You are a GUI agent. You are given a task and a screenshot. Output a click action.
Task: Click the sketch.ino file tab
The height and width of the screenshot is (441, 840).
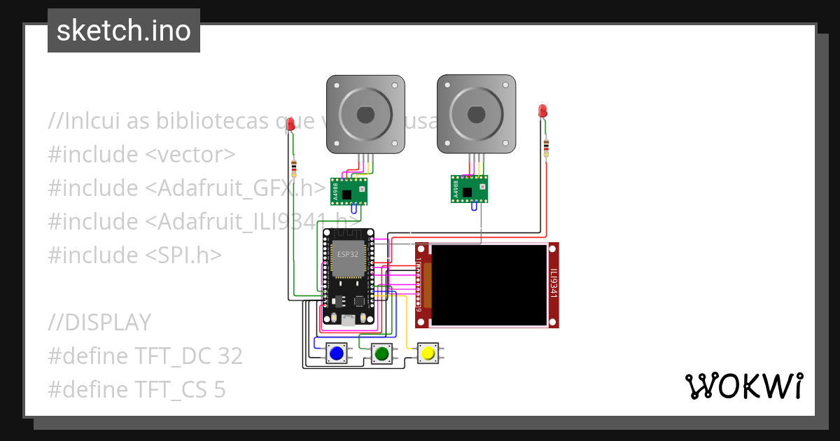(x=123, y=31)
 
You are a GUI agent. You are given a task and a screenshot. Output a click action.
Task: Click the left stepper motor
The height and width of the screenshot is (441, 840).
(x=365, y=114)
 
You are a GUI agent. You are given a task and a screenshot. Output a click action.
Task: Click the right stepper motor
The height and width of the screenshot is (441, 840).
(x=476, y=114)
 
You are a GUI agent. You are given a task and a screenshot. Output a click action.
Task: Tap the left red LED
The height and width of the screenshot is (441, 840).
(x=290, y=124)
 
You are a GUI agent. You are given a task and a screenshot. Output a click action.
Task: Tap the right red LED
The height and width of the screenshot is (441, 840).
(x=542, y=111)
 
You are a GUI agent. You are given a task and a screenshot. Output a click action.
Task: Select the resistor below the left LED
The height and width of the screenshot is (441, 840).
(x=293, y=167)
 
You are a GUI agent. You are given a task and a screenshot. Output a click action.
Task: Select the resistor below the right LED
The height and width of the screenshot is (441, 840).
(x=546, y=147)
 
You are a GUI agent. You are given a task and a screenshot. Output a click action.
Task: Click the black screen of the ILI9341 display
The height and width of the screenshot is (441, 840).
(x=489, y=284)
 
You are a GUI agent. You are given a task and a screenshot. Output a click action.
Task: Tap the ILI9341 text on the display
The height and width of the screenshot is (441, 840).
(x=553, y=284)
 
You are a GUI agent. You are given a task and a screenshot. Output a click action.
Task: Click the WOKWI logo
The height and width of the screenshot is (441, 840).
(x=743, y=386)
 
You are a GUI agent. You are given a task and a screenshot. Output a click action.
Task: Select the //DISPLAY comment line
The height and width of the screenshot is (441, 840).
(x=99, y=322)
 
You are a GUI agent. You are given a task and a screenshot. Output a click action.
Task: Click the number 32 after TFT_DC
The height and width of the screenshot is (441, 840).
(x=229, y=356)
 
